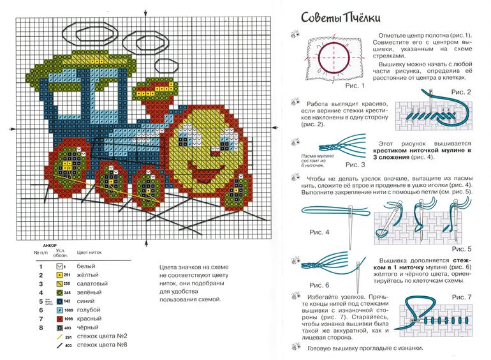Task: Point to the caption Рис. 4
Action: click(x=319, y=232)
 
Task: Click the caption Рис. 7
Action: click(x=462, y=297)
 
